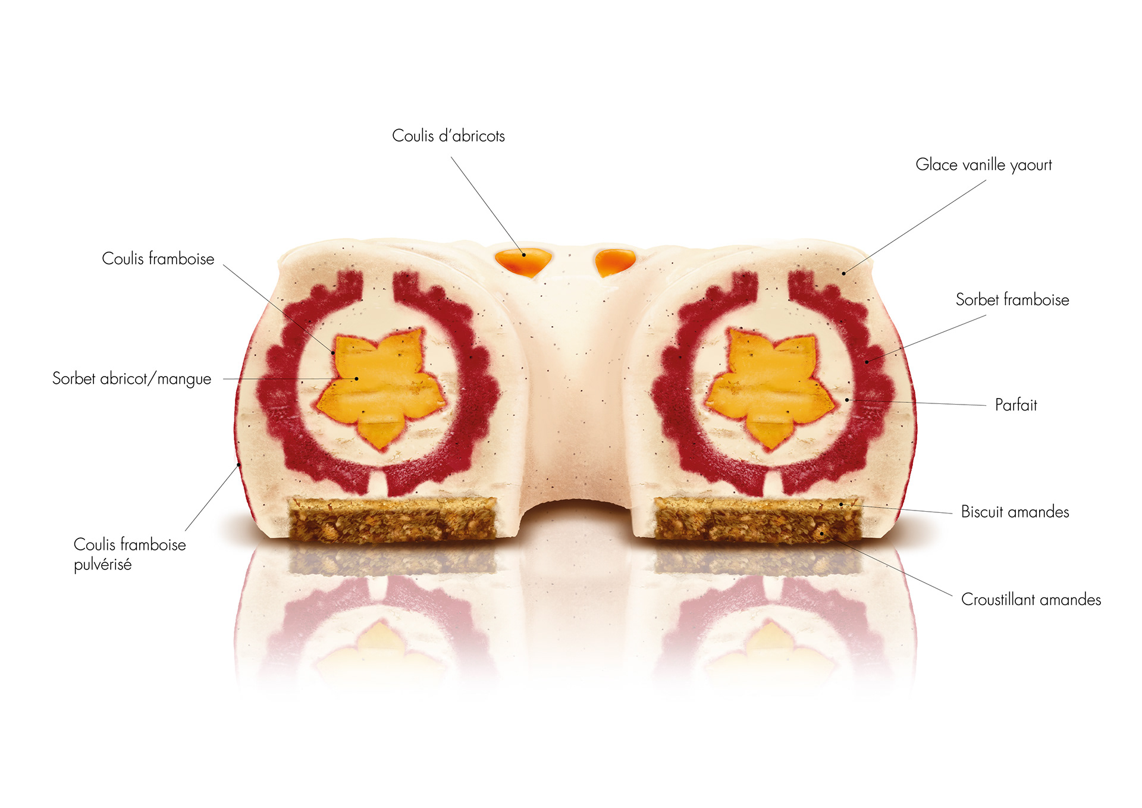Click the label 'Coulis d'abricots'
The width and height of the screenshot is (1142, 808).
tap(448, 136)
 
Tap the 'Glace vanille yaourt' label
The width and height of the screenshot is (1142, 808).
tap(983, 165)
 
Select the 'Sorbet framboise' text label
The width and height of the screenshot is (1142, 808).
tap(1012, 300)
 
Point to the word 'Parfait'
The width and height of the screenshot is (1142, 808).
tap(1016, 405)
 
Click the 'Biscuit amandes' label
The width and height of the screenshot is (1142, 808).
tap(1015, 512)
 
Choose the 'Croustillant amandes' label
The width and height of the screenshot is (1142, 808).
tap(1031, 599)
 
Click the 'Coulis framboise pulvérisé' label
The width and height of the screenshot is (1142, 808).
tap(129, 554)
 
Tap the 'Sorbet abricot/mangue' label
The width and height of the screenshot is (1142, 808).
tap(131, 379)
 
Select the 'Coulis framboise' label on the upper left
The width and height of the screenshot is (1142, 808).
tap(158, 259)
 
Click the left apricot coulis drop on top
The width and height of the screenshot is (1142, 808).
tap(523, 262)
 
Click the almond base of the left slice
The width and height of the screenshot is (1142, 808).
tap(392, 519)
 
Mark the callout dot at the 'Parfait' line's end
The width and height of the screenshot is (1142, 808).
tap(847, 400)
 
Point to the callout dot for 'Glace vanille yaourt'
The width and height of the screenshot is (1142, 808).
tap(843, 274)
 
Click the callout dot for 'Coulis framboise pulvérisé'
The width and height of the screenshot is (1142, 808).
tap(239, 464)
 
